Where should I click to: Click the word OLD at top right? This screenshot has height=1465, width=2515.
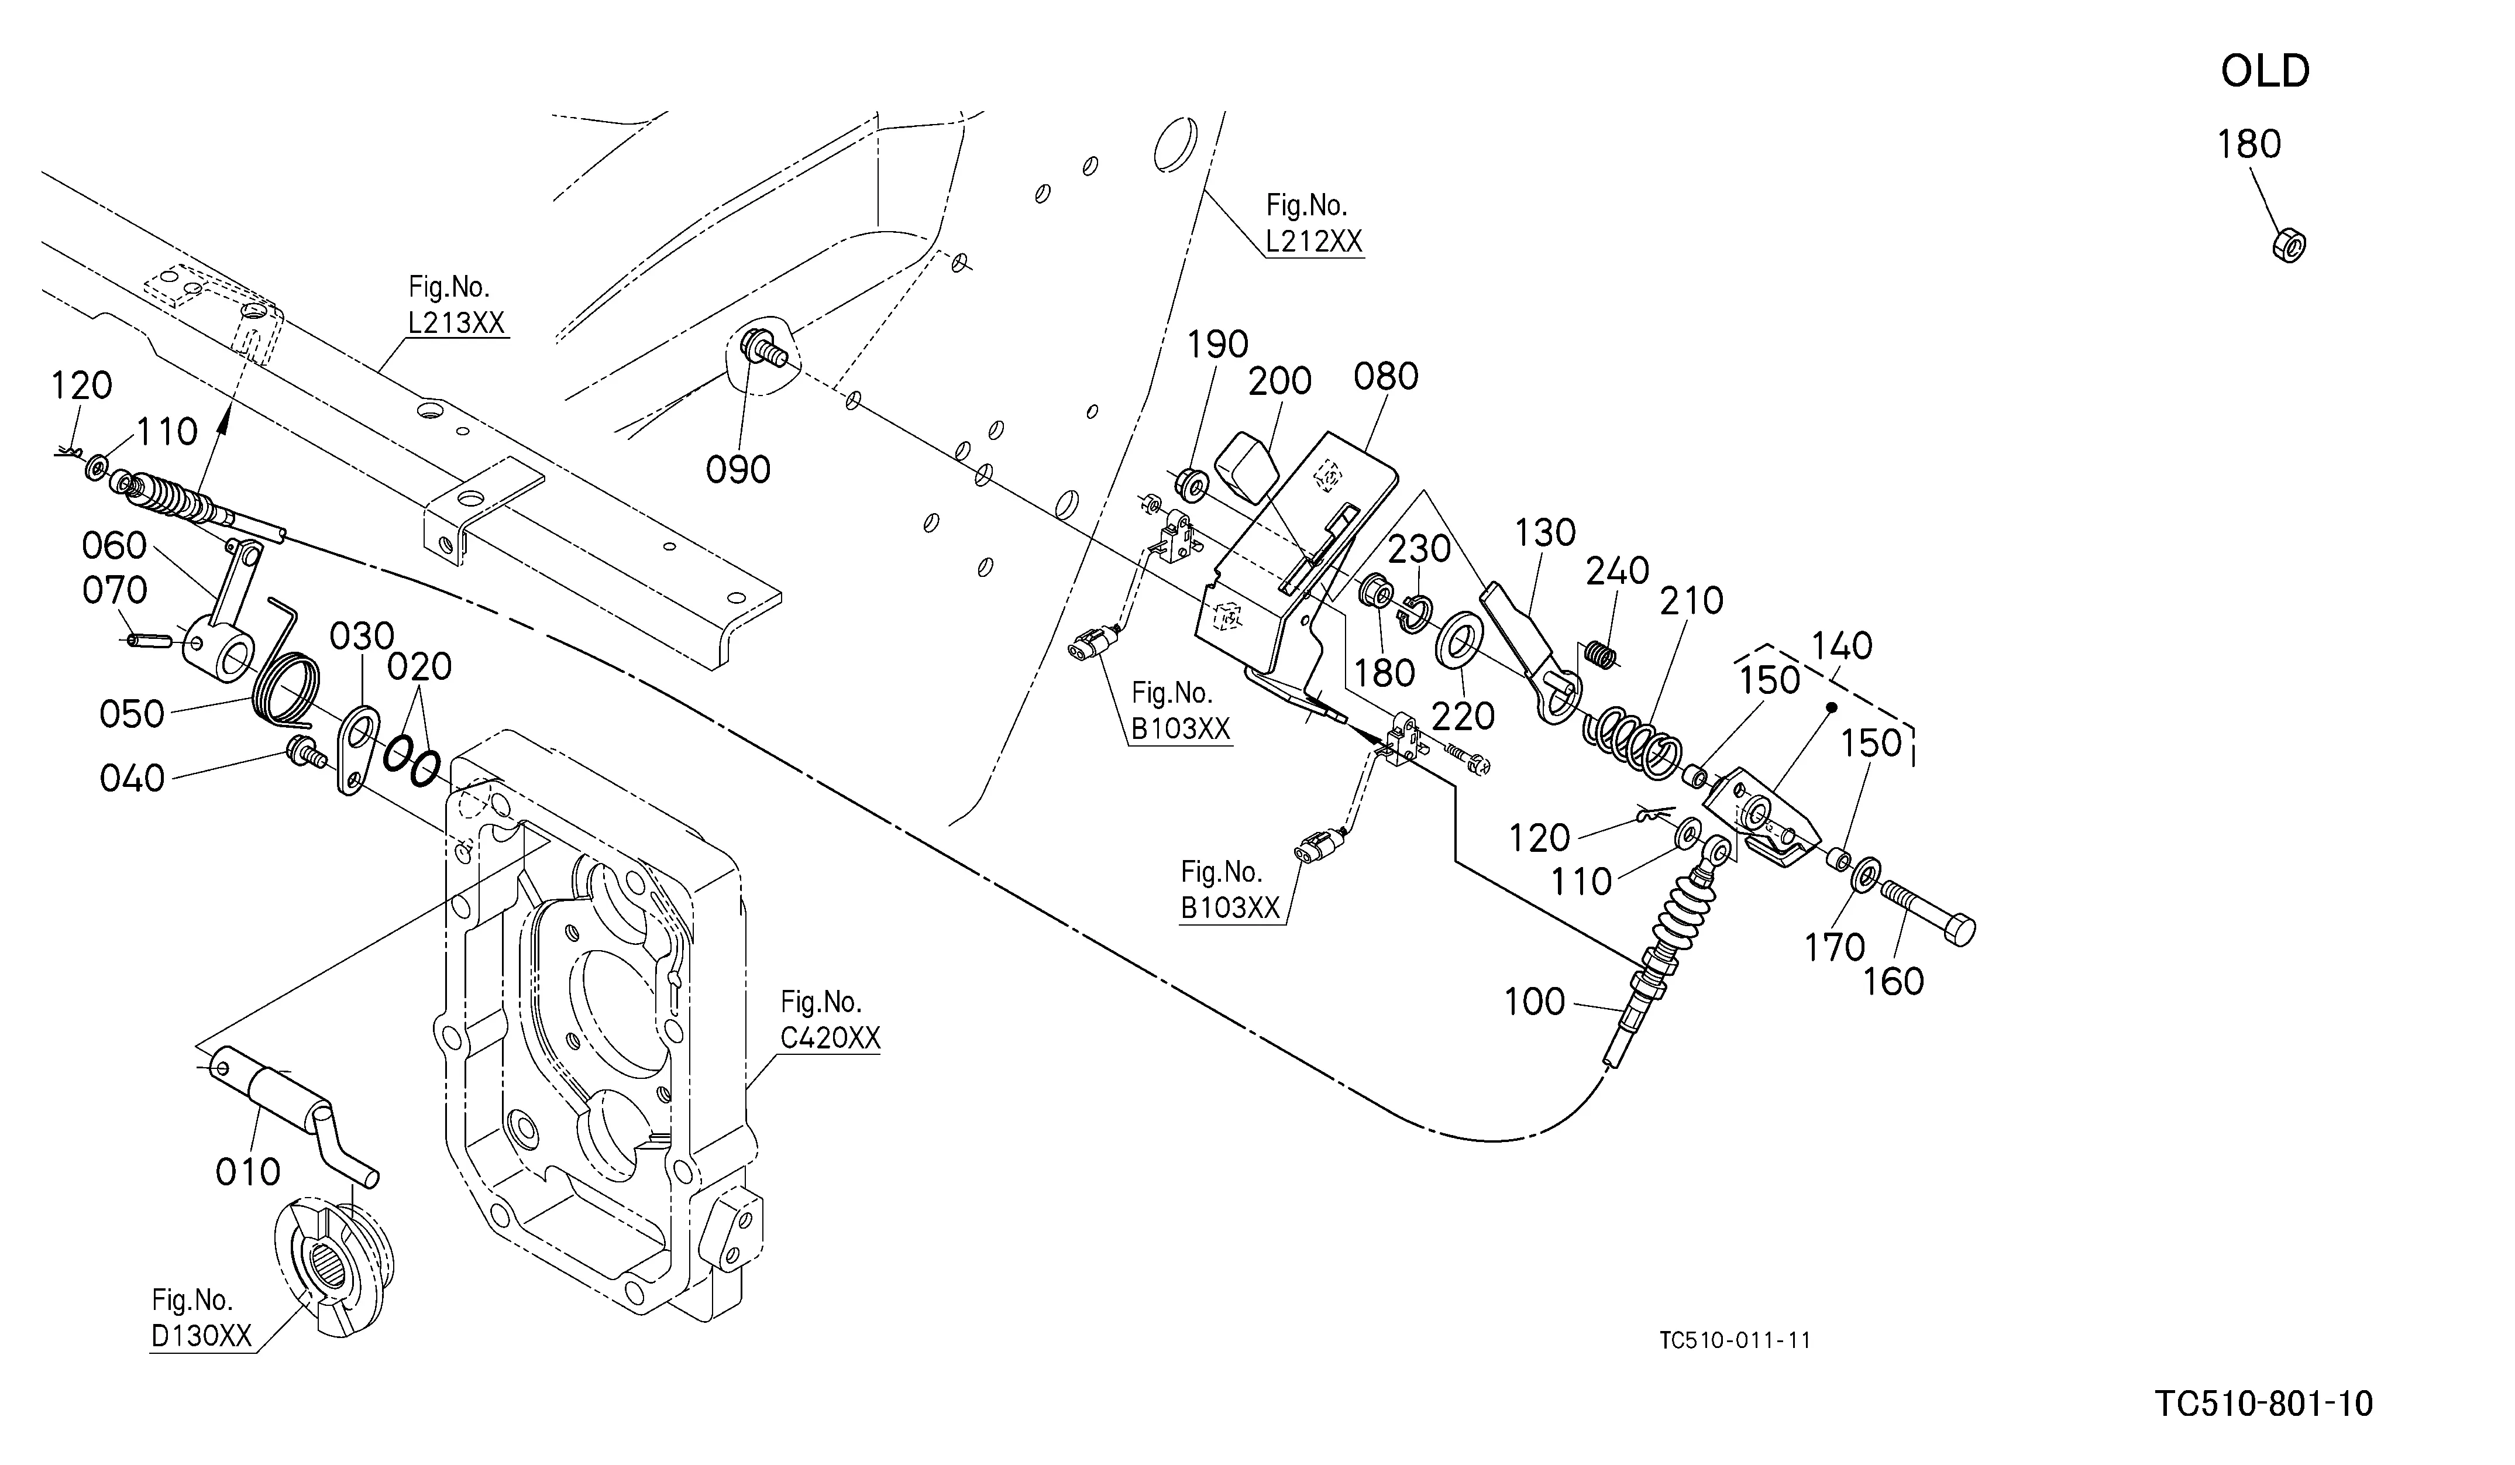2265,72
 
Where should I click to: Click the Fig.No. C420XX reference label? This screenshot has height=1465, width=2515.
830,1019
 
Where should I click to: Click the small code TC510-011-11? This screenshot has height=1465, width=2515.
1735,1340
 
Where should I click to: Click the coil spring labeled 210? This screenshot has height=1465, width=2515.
1633,744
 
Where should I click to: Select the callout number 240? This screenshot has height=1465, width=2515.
1618,572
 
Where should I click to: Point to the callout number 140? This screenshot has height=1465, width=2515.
1842,646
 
